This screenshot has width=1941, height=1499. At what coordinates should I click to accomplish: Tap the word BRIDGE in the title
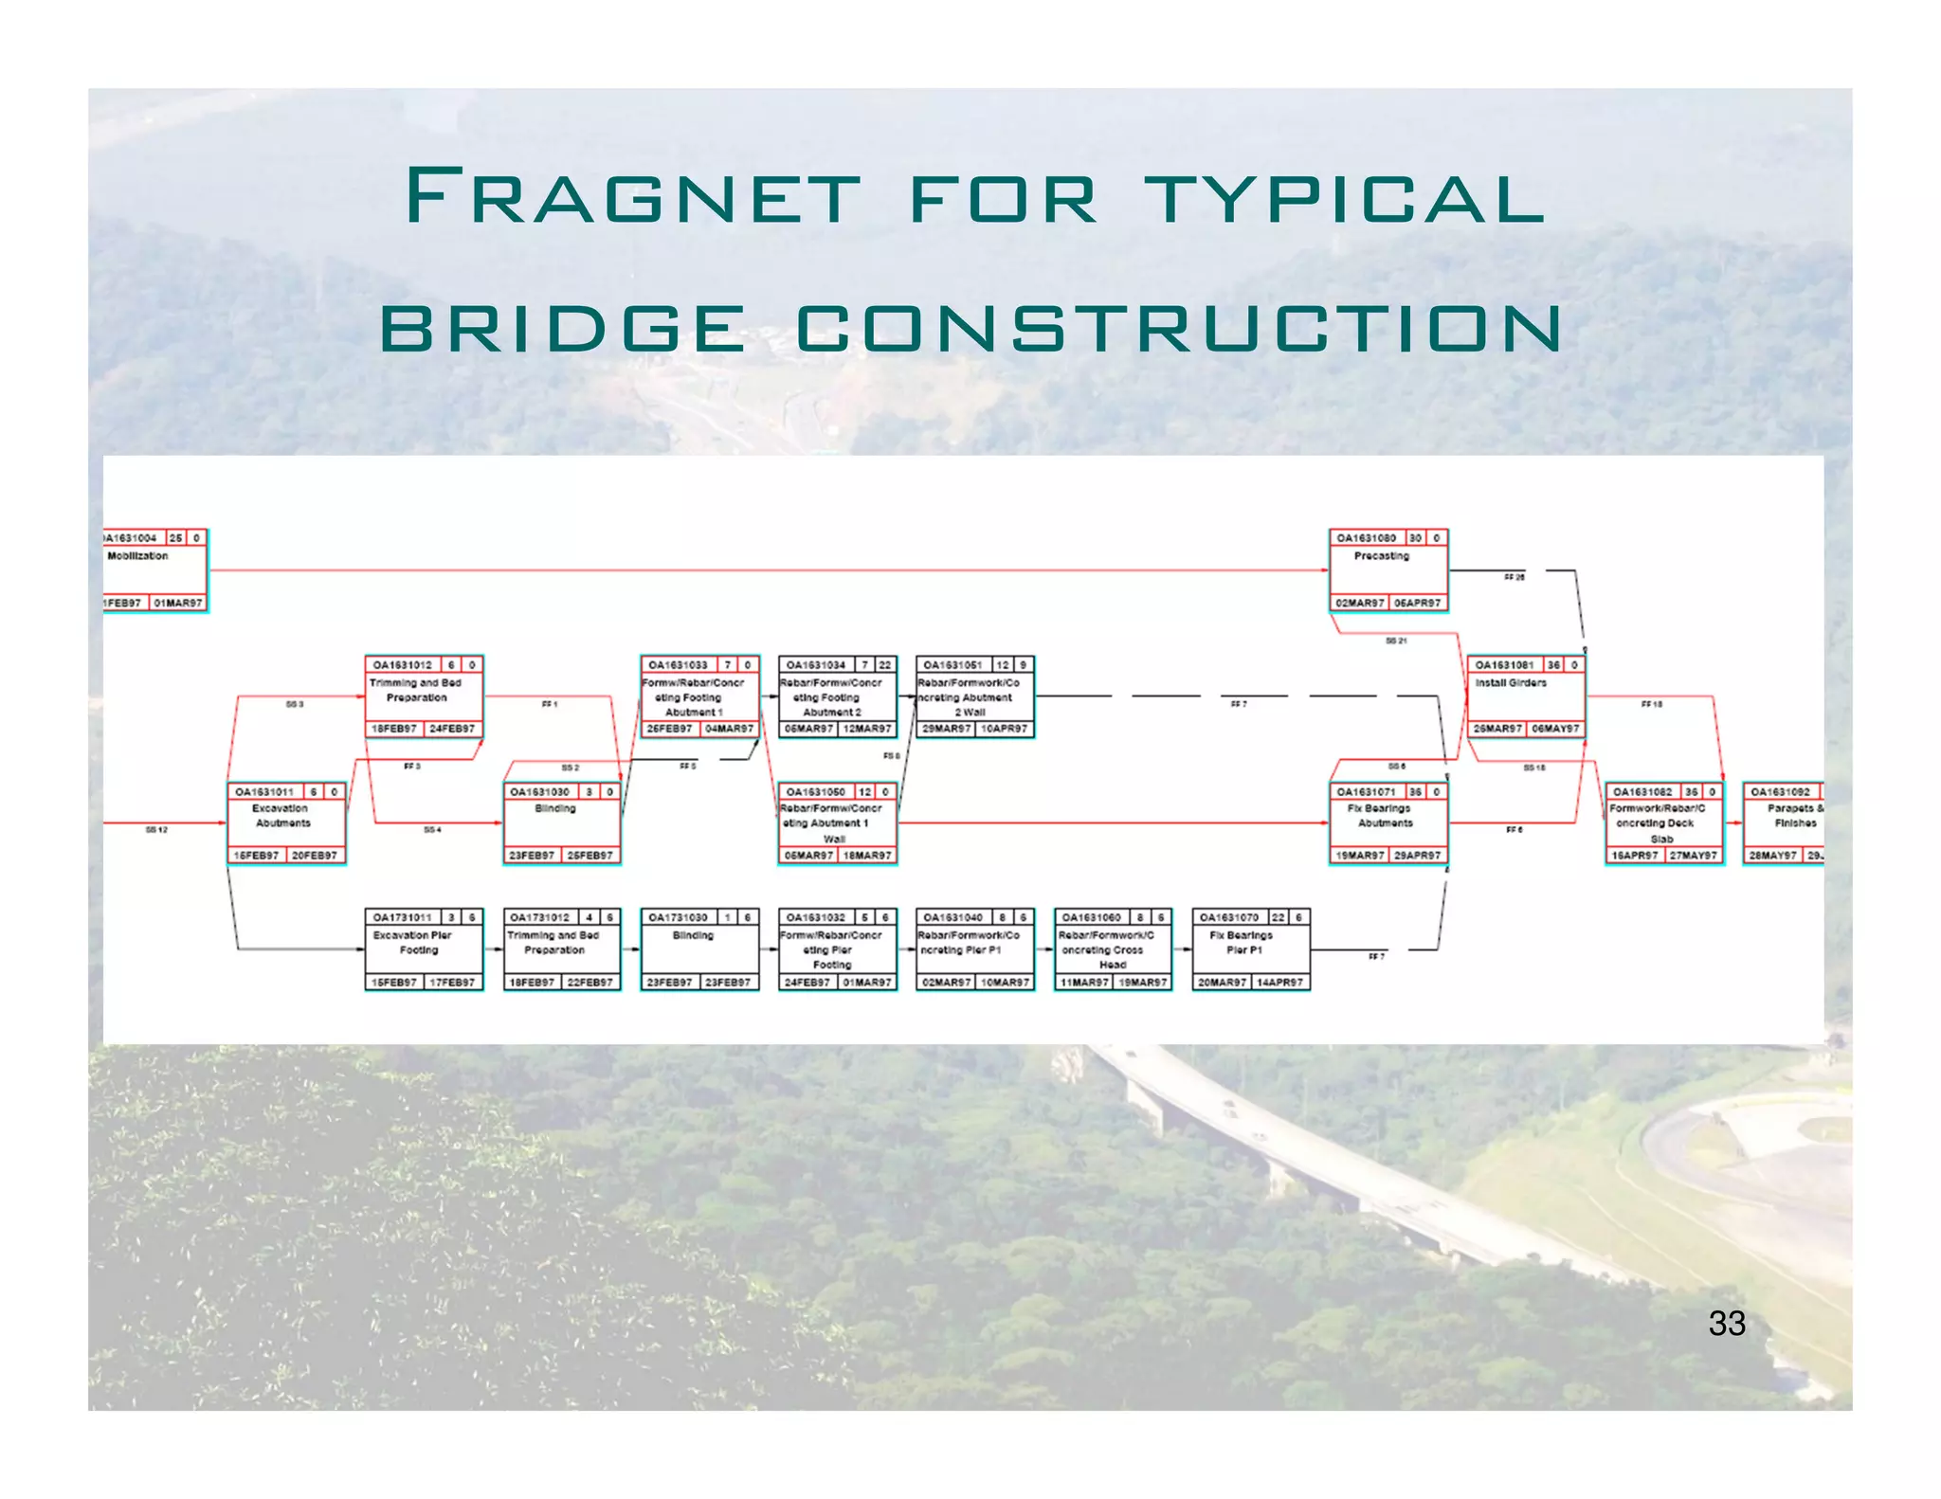[563, 328]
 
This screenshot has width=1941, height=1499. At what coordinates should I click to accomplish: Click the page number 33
[1726, 1324]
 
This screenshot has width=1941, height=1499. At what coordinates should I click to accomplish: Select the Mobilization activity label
[137, 556]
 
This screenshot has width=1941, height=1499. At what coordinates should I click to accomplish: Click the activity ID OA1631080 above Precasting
[1366, 538]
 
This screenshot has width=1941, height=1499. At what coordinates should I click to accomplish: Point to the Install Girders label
[1511, 683]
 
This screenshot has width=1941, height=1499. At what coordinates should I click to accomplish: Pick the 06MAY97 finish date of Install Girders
[1555, 729]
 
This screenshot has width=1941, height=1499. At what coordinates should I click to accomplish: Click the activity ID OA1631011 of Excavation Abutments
[264, 792]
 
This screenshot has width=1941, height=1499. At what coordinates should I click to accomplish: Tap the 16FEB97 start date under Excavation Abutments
[256, 856]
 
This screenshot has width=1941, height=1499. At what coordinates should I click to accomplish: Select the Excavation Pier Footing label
[413, 942]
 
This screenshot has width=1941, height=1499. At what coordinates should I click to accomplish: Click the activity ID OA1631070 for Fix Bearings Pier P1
[1229, 917]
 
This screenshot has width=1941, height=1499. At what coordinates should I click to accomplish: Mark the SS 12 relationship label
[156, 830]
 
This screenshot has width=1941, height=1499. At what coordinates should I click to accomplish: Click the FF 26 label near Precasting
[1515, 577]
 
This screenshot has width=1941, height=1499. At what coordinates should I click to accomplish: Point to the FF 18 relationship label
[1651, 704]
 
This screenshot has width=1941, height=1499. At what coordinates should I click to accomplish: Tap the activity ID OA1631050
[815, 792]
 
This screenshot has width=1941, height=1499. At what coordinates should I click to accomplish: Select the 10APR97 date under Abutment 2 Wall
[1004, 729]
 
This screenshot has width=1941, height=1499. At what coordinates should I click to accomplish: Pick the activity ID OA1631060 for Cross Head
[1092, 917]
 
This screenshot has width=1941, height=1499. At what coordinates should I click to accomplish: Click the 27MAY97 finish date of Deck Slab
[1693, 856]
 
